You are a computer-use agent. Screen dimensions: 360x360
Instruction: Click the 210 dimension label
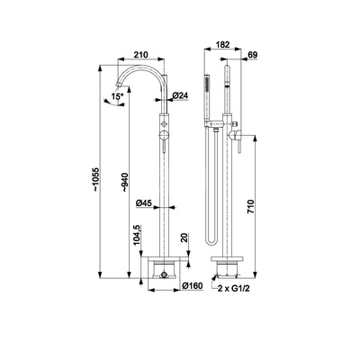tap(141, 55)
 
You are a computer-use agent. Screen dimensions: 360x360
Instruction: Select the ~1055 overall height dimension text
tap(95, 179)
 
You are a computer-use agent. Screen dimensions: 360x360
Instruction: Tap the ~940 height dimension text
tap(125, 182)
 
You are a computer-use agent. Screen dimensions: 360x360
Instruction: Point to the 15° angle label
tap(117, 96)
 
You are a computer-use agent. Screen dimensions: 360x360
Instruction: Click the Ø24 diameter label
tap(180, 95)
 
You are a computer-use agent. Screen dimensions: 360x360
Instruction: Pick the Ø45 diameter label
tap(143, 203)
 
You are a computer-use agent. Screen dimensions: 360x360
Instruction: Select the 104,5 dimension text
tap(137, 235)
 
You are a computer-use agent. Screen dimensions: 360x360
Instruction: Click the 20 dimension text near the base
tap(184, 238)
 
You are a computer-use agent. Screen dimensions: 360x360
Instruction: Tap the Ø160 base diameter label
tap(193, 286)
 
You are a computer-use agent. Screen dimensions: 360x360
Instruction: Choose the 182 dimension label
tap(222, 45)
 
